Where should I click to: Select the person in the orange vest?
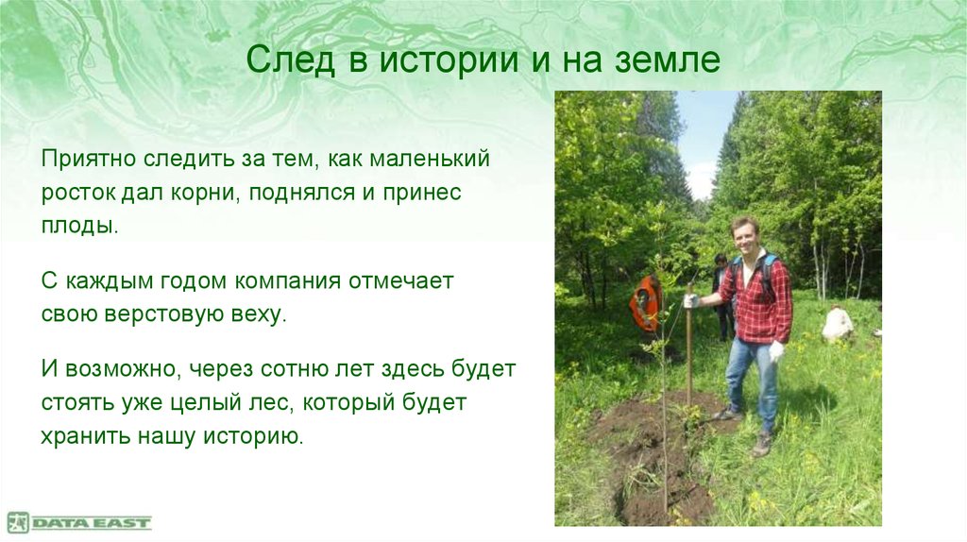[x=645, y=304]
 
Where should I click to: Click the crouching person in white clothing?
[x=837, y=324]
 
